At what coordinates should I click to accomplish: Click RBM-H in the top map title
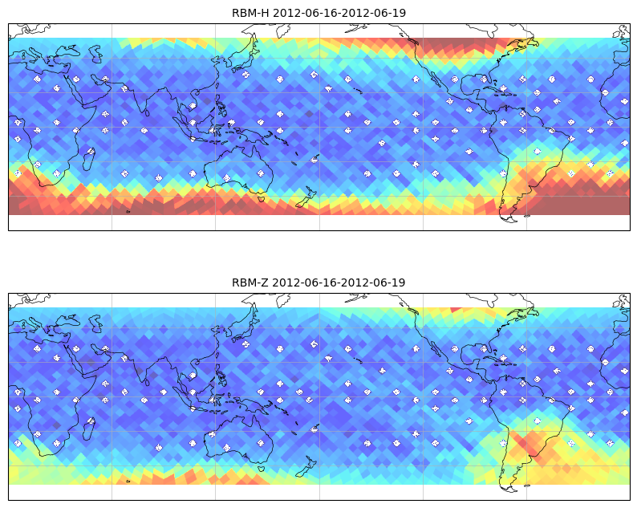tap(250, 13)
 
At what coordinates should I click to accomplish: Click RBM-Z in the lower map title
tap(250, 282)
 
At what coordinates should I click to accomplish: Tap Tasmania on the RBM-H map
tap(262, 199)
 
